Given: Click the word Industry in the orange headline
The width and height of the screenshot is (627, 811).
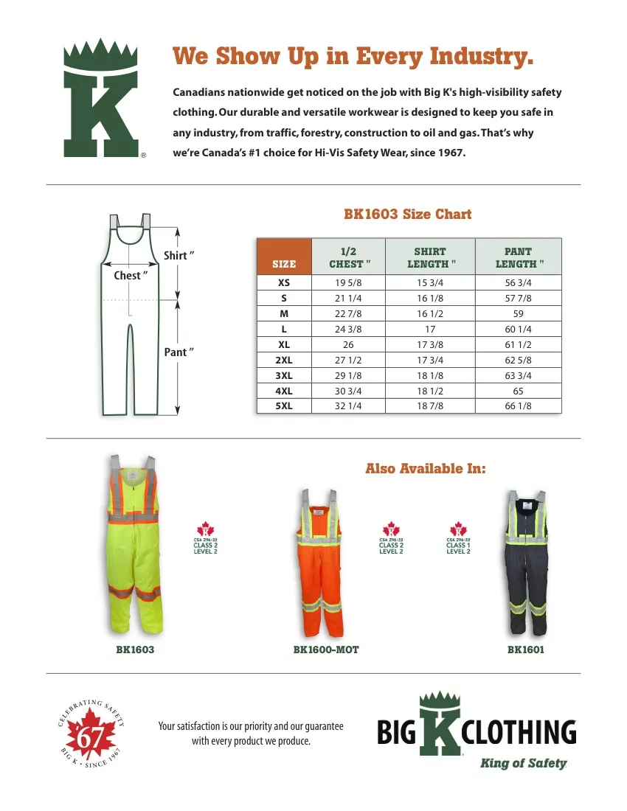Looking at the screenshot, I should click(482, 56).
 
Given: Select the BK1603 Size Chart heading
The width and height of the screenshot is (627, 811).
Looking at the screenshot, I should click(407, 215).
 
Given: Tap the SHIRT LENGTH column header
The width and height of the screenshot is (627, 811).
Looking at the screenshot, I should click(430, 257).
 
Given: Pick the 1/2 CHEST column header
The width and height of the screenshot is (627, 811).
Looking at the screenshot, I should click(348, 257).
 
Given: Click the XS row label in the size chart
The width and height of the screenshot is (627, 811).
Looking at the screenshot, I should click(284, 283).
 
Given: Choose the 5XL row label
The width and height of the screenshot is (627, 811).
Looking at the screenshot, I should click(284, 406).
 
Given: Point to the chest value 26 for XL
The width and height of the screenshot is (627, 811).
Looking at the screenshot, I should click(348, 345).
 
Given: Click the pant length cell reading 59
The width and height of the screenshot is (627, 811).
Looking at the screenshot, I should click(518, 314).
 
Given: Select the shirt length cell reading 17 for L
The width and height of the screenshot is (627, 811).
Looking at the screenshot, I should click(430, 330).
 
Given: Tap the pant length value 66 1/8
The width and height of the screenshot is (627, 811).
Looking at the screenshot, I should click(518, 406).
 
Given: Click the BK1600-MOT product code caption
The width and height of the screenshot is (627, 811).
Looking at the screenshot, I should click(325, 650).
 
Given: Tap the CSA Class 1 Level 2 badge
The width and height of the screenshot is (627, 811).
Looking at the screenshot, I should click(458, 539).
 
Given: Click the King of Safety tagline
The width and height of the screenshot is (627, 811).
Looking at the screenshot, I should click(523, 764).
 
